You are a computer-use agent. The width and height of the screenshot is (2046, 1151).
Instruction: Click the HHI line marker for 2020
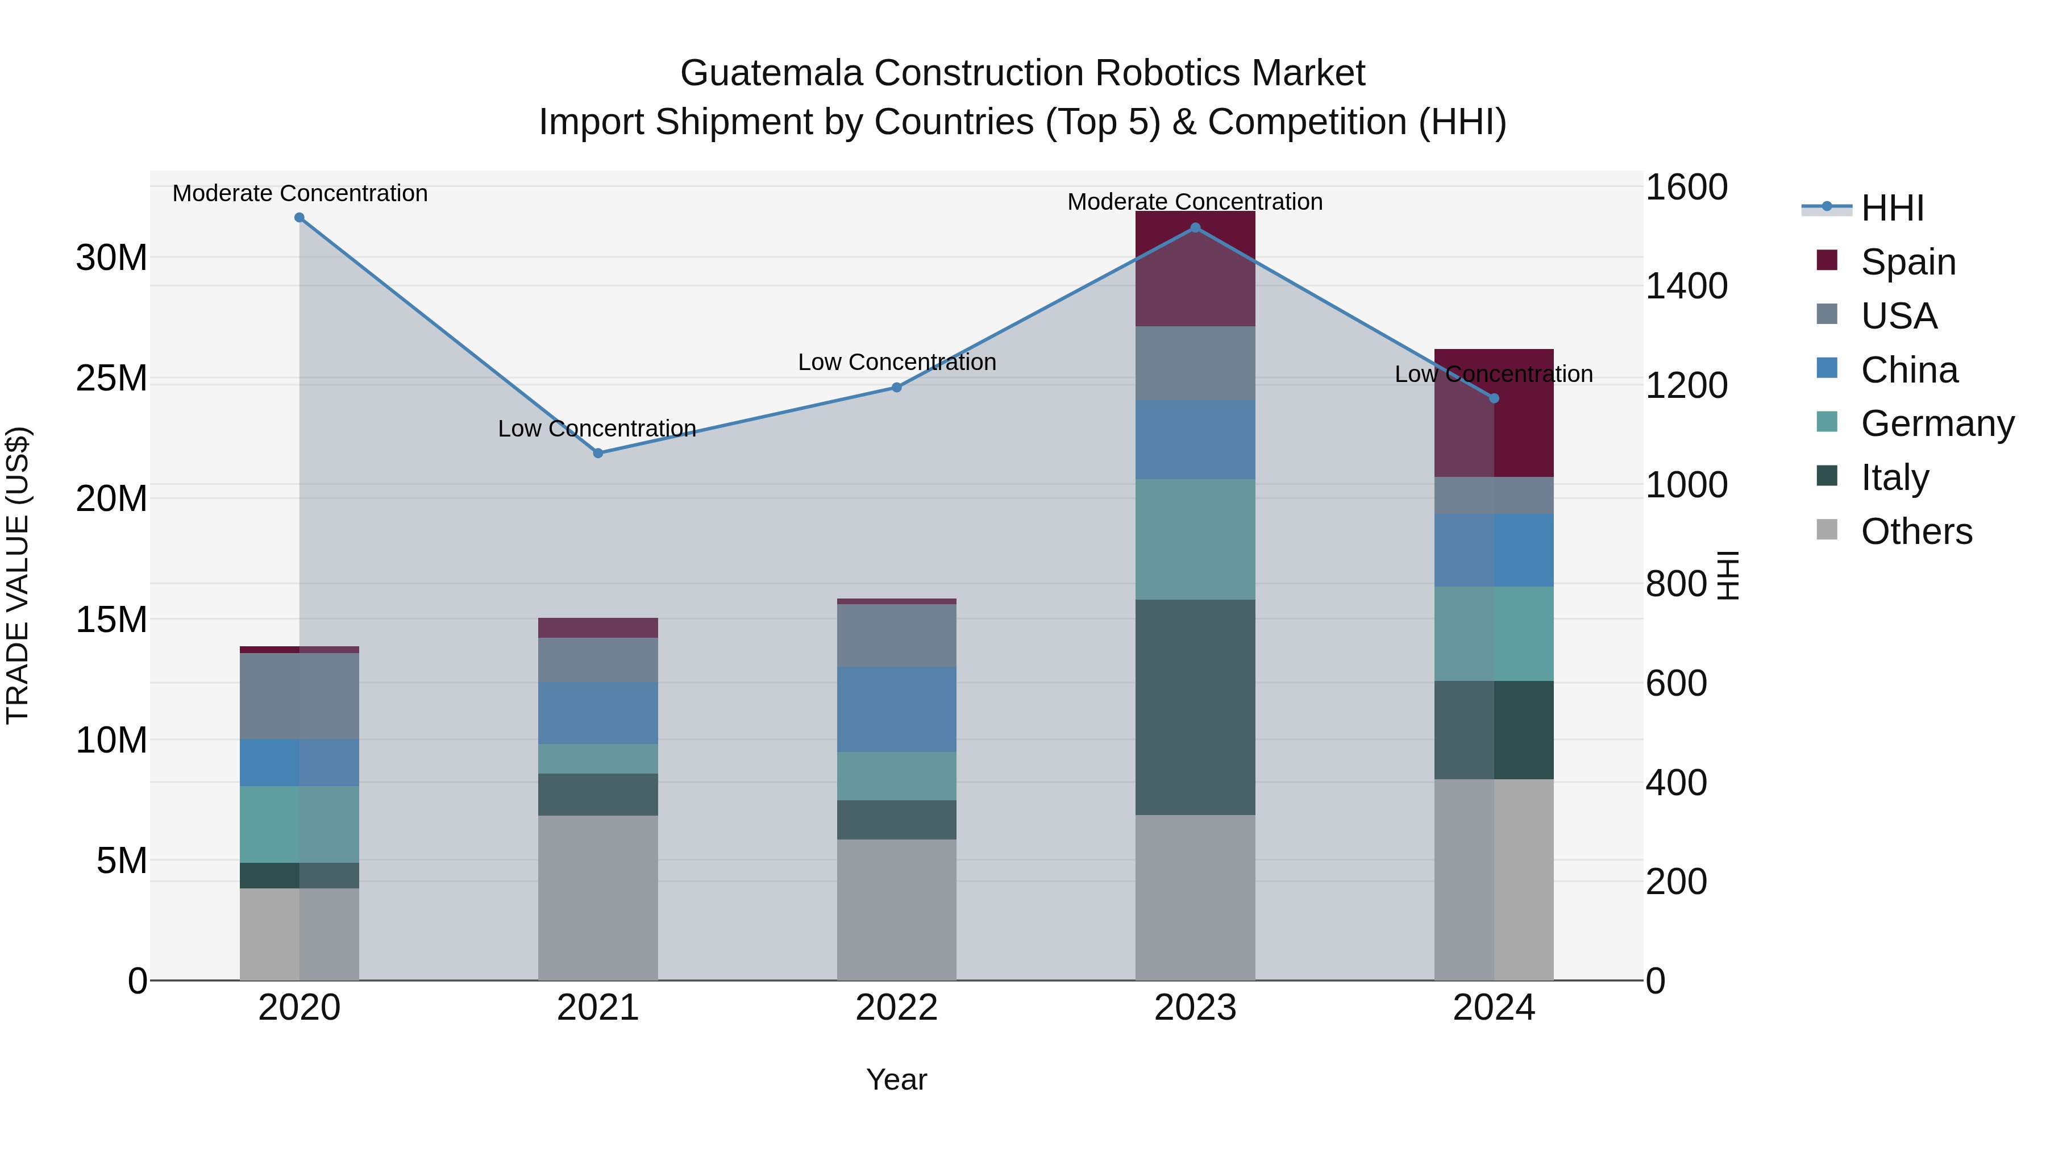pos(300,218)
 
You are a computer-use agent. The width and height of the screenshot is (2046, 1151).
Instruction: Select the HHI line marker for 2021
pos(598,454)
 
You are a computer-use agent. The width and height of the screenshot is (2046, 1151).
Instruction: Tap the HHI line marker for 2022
pos(897,388)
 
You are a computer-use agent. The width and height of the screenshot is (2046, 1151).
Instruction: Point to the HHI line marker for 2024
pos(1494,398)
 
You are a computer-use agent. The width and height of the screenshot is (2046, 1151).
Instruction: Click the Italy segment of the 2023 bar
pos(1195,707)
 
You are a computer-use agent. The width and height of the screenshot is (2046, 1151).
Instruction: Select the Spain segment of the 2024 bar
pos(1494,429)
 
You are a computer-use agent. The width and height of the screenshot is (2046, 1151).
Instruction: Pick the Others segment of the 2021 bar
pos(598,897)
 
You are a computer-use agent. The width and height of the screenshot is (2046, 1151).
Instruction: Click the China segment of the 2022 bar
pos(897,709)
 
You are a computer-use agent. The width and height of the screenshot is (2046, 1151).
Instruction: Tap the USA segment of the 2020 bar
pos(300,696)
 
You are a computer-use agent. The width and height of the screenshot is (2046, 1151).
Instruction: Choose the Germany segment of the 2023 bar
pos(1195,539)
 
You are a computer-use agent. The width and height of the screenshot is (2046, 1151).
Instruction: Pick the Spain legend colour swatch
pos(1827,260)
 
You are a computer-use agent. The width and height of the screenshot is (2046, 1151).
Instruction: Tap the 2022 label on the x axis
pos(897,1008)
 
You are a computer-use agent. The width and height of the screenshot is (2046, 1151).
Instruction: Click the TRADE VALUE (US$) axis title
pos(18,576)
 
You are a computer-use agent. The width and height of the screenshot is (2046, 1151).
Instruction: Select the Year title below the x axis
pos(897,1079)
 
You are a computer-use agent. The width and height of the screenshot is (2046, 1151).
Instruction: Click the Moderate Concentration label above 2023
pos(1195,202)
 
